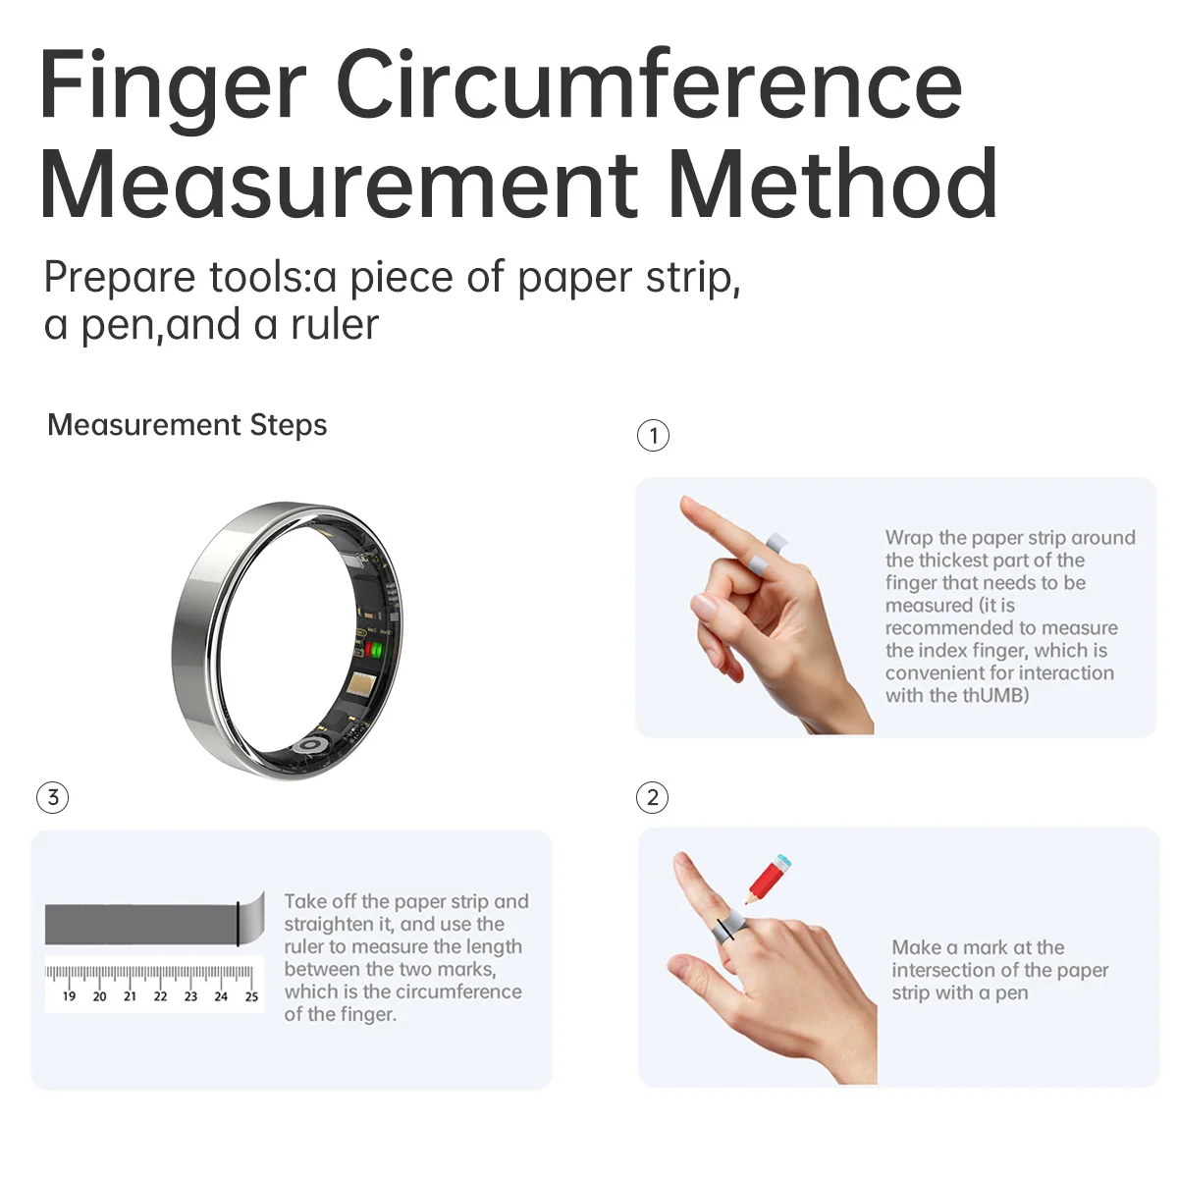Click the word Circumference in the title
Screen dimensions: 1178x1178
pyautogui.click(x=649, y=86)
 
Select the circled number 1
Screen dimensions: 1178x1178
pyautogui.click(x=654, y=435)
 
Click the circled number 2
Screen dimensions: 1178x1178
pyautogui.click(x=653, y=797)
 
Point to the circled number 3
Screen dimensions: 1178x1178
pyautogui.click(x=53, y=797)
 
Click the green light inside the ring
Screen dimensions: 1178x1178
pyautogui.click(x=374, y=649)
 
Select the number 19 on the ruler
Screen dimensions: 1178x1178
pyautogui.click(x=69, y=996)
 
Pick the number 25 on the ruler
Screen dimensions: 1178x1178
pyautogui.click(x=251, y=996)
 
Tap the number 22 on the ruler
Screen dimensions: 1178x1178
pyautogui.click(x=160, y=996)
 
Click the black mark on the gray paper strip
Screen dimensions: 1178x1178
pyautogui.click(x=238, y=923)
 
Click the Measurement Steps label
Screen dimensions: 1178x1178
pyautogui.click(x=187, y=425)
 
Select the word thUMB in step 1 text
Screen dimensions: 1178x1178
pyautogui.click(x=995, y=696)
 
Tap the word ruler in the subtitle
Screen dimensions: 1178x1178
pyautogui.click(x=335, y=325)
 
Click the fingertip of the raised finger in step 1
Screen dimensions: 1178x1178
pyautogui.click(x=688, y=507)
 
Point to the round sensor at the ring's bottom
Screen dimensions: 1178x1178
pyautogui.click(x=310, y=745)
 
